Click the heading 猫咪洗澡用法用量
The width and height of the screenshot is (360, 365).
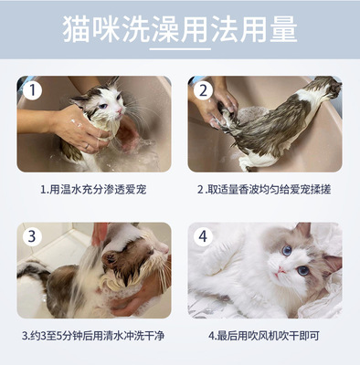point(180,29)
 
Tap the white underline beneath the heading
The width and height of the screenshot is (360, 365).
point(180,48)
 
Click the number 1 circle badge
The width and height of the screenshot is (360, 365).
point(32,90)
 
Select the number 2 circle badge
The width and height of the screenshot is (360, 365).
point(203,90)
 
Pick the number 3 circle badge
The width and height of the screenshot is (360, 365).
point(32,236)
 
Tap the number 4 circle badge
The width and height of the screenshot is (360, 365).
point(203,236)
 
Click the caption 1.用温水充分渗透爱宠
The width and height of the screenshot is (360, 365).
point(93,190)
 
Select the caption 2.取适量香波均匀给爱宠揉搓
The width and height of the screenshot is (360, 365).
point(264,190)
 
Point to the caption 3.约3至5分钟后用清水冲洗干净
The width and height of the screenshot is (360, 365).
point(93,336)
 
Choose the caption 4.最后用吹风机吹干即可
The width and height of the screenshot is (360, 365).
point(264,336)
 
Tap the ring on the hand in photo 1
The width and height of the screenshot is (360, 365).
point(88,147)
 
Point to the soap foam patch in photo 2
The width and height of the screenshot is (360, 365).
point(249,115)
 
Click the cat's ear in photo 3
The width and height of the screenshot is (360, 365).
point(110,259)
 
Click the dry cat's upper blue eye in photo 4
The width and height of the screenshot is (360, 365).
point(287,250)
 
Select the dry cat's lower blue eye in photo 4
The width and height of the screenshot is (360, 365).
point(303,270)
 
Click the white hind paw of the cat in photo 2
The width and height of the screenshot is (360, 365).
point(244,164)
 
